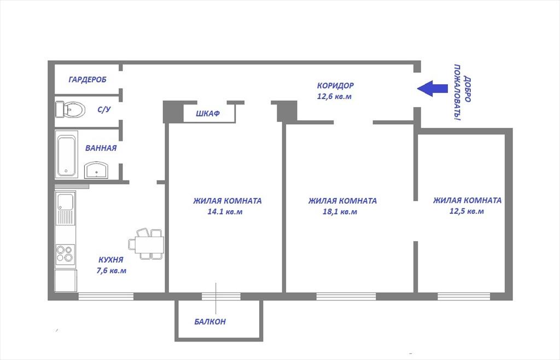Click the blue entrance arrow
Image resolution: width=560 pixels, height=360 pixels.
432,89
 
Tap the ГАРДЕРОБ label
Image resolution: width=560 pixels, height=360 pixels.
87,79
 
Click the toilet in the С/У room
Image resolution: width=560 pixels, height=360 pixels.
71,109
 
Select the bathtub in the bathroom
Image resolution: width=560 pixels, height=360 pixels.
66,154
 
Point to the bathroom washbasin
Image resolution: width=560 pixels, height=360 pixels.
96,170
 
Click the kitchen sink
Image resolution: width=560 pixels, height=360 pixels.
65,208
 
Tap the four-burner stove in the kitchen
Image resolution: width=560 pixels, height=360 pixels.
65,254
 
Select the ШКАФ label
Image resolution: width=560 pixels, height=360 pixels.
207,114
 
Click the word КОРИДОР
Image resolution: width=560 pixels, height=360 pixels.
335,85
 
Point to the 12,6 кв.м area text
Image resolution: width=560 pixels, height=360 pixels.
334,96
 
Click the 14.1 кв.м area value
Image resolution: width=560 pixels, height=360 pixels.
225,211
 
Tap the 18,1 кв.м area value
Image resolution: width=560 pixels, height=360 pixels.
340,211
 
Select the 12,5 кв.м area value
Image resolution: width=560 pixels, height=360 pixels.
466,211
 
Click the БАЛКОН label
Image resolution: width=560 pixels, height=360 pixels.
210,322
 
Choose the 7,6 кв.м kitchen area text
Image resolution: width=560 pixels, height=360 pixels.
112,270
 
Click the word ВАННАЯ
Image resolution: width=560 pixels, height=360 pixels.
101,148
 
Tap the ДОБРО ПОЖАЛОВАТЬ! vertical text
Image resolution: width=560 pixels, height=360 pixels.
462,92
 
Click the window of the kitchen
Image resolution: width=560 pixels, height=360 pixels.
106,297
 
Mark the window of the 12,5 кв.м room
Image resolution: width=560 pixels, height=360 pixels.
464,297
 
